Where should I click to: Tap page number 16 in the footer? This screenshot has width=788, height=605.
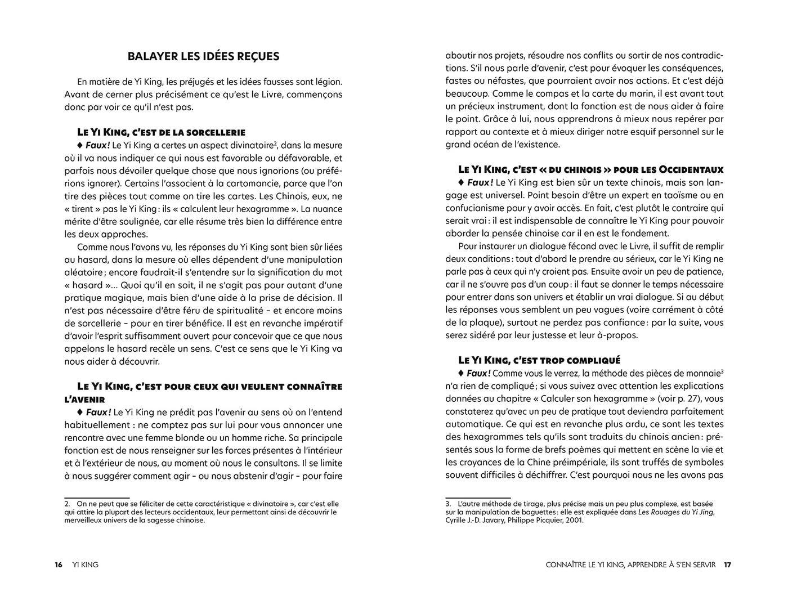(x=59, y=564)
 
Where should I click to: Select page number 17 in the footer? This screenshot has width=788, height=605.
(x=727, y=564)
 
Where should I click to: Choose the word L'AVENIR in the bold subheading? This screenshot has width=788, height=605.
(x=84, y=400)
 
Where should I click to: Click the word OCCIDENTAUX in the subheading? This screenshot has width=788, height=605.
(x=691, y=169)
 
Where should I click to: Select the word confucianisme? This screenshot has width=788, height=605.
(x=478, y=208)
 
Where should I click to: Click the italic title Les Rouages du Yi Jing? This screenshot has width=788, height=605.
(x=675, y=512)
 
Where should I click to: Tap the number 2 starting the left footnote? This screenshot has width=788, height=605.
(x=66, y=504)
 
